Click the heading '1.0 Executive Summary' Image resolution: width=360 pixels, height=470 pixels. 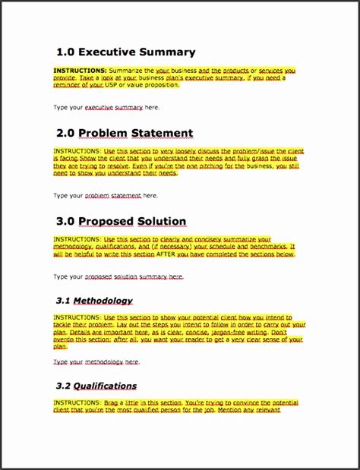click(x=125, y=52)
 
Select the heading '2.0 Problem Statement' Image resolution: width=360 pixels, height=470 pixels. click(x=125, y=134)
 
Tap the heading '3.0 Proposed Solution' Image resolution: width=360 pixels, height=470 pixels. click(x=121, y=222)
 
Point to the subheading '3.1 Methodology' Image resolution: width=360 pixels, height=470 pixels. click(x=94, y=301)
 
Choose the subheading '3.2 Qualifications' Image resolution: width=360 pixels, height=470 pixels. click(x=96, y=386)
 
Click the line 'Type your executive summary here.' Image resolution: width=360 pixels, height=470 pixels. click(x=106, y=108)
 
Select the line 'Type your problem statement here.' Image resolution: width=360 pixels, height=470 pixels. click(x=106, y=195)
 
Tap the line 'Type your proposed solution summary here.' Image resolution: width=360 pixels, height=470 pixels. click(x=118, y=277)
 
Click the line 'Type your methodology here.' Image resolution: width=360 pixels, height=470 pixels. click(x=96, y=362)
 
